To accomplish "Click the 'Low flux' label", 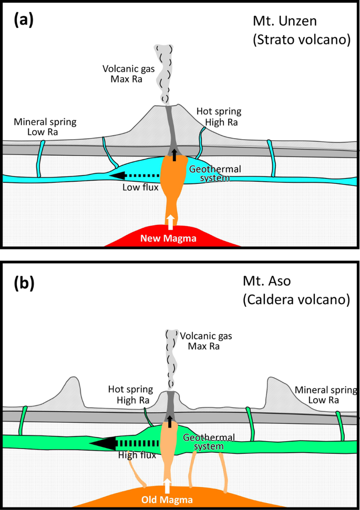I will (x=140, y=187).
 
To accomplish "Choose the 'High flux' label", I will (x=137, y=455).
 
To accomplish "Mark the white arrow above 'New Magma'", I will (x=170, y=222).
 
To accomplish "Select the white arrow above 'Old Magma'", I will (x=167, y=484).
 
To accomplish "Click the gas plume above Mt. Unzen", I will (x=166, y=74).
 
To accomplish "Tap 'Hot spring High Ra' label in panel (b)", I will (x=131, y=395).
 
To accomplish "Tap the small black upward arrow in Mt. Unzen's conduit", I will (x=174, y=154).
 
